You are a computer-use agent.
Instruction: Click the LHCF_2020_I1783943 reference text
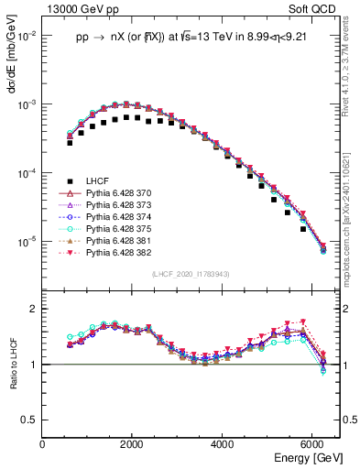191,273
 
